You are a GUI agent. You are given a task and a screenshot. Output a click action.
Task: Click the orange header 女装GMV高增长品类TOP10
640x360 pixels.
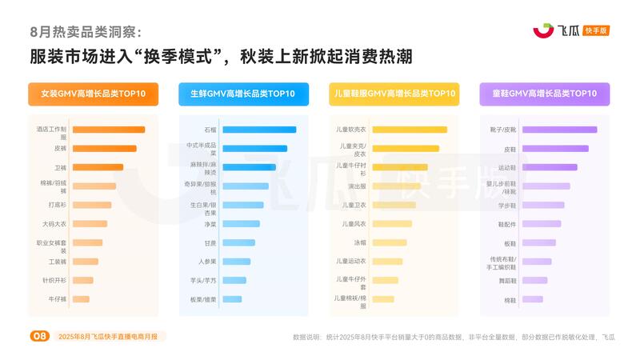pos(93,94)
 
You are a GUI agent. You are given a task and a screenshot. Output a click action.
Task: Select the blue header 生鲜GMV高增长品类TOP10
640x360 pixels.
pos(243,94)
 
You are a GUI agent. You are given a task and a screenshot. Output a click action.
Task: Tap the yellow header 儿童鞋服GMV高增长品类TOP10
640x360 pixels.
pos(394,94)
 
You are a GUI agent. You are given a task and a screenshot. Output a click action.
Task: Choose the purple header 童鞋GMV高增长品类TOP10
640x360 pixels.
pos(544,94)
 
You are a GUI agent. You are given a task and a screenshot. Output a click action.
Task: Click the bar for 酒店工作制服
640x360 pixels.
pos(108,130)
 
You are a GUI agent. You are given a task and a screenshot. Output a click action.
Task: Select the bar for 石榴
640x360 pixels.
pos(258,130)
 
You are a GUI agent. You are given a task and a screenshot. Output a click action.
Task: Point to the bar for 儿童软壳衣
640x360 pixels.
pos(409,130)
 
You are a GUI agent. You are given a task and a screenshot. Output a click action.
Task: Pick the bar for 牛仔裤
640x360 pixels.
pos(81,299)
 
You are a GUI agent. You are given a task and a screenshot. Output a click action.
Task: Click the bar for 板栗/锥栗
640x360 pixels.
pos(232,299)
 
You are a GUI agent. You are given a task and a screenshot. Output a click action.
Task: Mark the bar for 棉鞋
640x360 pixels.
pos(533,299)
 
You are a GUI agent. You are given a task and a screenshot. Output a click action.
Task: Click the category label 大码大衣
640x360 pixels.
pos(54,224)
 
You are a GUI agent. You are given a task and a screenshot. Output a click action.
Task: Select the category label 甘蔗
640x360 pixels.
pos(210,242)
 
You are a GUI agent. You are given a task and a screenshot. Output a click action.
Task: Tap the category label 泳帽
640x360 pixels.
pos(360,242)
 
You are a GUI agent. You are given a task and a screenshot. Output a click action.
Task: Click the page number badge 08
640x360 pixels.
pos(39,336)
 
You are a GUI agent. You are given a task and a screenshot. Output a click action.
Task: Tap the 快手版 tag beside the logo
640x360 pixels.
pos(597,30)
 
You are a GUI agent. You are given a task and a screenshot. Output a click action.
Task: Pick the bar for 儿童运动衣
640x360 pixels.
pos(387,262)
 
